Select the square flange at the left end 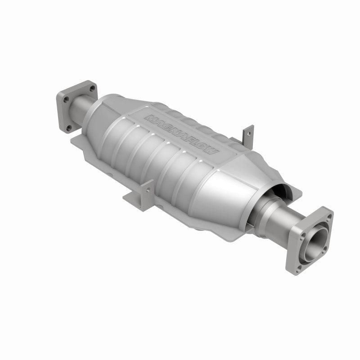(74, 106)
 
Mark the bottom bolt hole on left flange (68, 128)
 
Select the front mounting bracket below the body (139, 194)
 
